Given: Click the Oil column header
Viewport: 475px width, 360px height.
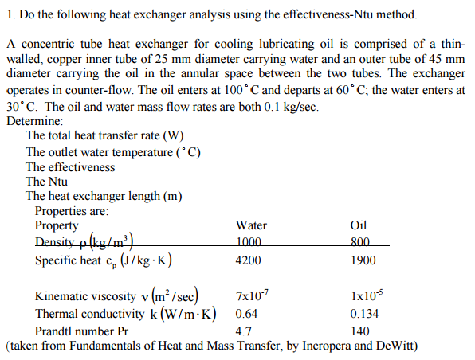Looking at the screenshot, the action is (359, 225).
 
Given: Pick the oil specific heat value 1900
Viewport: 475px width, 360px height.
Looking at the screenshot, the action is (363, 260).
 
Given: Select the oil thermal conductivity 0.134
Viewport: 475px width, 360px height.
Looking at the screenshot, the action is (363, 313).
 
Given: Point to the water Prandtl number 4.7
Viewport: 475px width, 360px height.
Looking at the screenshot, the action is (244, 330).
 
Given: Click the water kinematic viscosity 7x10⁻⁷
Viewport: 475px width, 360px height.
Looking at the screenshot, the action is (251, 296).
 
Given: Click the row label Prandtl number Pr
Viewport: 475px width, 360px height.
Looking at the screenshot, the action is (82, 330).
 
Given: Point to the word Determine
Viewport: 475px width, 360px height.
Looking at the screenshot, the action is (33, 121).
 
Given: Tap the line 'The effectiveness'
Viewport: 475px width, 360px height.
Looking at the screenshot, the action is (70, 167).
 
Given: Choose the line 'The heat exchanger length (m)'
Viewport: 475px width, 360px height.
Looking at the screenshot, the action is (94, 197).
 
